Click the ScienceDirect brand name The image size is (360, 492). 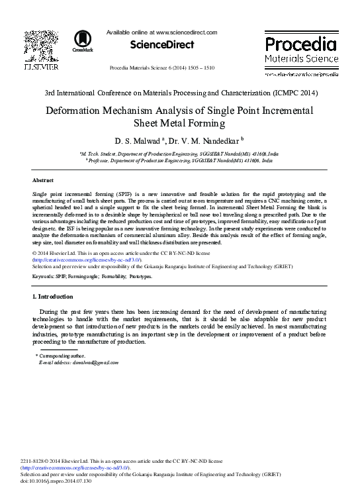tap(162, 45)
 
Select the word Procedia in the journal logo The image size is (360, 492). tap(300, 45)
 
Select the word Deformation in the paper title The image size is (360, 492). tap(75, 111)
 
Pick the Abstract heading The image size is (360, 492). tap(43, 180)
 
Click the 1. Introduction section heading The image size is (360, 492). tap(56, 296)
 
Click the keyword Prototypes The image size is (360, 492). tap(140, 276)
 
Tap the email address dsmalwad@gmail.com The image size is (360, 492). tap(79, 363)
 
